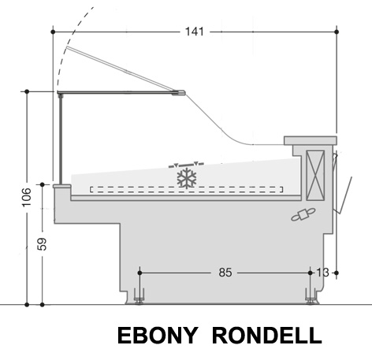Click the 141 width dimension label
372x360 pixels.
point(195,32)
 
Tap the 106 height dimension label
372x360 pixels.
point(27,198)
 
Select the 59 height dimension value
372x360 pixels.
point(42,244)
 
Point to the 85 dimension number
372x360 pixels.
point(225,273)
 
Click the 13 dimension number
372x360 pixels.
point(322,273)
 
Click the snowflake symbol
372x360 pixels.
point(187,178)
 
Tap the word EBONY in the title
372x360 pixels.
point(158,336)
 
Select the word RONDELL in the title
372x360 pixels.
point(267,336)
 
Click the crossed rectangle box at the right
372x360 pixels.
point(315,176)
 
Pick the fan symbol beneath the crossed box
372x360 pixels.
point(303,214)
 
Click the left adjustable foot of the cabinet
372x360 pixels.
point(139,296)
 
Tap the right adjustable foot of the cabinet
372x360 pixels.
point(311,296)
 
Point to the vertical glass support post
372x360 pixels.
point(61,139)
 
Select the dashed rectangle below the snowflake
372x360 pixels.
point(187,190)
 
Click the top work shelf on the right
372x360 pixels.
point(311,140)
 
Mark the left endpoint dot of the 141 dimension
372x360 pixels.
point(53,32)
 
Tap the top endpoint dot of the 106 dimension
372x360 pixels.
point(27,91)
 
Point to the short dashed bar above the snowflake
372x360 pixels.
point(186,165)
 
